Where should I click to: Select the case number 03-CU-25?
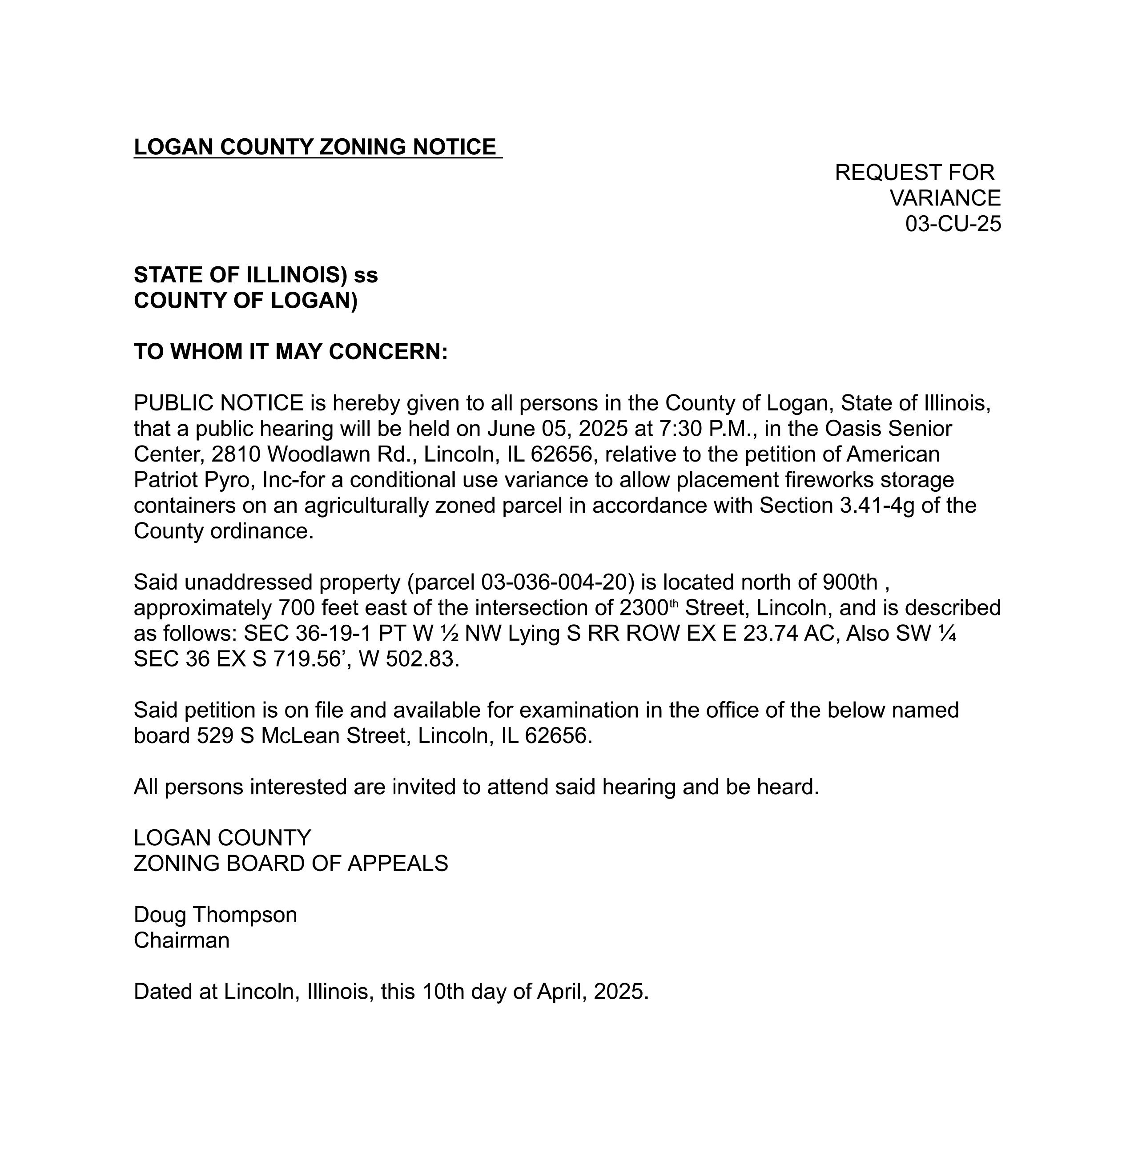[953, 224]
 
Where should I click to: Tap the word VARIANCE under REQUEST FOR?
[945, 198]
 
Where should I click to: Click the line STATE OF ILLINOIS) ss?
[256, 275]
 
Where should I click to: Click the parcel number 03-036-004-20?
[554, 582]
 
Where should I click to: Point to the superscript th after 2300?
[674, 604]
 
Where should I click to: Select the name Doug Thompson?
[215, 915]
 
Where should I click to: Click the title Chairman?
[181, 940]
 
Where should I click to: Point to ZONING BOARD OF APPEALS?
[291, 864]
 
